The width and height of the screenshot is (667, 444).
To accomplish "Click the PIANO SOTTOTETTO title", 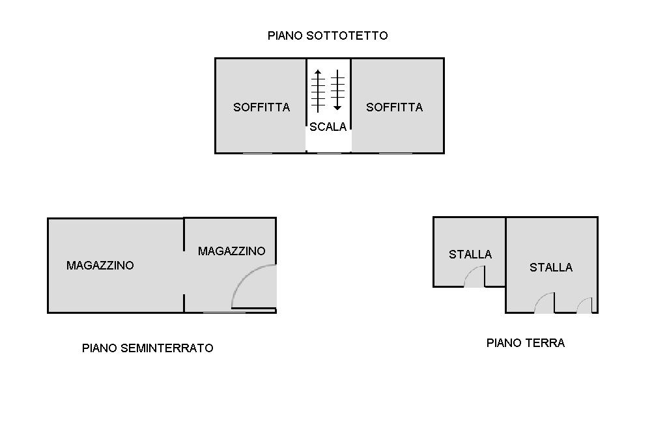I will [328, 36].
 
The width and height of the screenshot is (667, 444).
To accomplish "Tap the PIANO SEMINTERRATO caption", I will [147, 348].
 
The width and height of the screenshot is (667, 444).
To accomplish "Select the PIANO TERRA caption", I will [525, 343].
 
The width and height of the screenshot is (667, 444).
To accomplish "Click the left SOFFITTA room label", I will [261, 107].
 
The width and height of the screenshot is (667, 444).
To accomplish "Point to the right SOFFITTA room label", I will [394, 107].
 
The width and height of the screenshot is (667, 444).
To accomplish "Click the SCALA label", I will [328, 127].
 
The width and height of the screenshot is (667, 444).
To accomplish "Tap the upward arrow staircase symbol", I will [318, 90].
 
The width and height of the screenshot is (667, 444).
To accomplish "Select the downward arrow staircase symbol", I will [337, 90].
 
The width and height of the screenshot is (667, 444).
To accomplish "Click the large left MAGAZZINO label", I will [100, 266].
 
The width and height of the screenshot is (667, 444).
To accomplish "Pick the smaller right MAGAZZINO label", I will [231, 251].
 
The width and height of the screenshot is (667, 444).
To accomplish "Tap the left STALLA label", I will [470, 255].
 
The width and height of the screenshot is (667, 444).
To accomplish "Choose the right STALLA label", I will [550, 268].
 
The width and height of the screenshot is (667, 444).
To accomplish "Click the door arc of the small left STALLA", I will [475, 277].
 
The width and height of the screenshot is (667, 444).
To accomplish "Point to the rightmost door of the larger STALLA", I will [584, 306].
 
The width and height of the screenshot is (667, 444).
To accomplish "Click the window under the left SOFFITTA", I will [257, 153].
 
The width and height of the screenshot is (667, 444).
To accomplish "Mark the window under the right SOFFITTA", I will [395, 153].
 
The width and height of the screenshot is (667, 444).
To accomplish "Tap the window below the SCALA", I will [329, 153].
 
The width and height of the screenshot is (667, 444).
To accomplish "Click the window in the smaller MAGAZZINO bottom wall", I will [224, 312].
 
